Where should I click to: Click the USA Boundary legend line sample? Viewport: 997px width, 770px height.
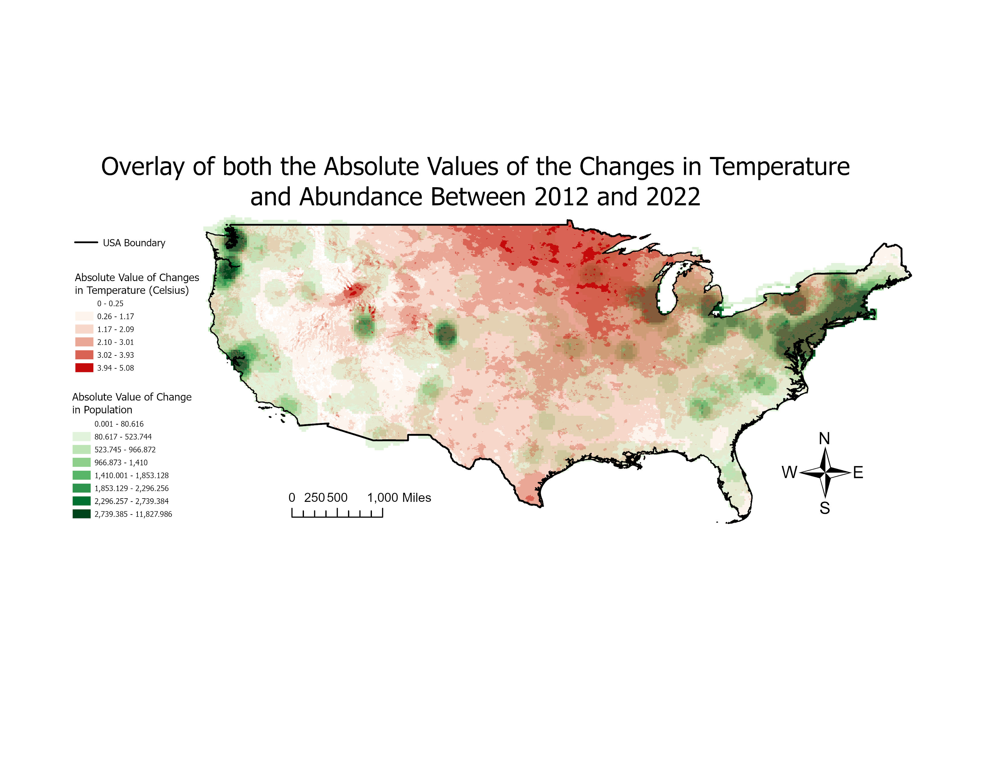point(86,242)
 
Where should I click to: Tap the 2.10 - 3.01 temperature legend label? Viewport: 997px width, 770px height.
point(115,342)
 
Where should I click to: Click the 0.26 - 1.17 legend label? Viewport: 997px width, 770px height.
point(115,316)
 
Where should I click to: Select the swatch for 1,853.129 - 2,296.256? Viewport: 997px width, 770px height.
point(81,488)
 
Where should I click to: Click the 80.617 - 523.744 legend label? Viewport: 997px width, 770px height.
point(123,437)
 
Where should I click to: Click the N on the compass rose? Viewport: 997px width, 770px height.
point(824,438)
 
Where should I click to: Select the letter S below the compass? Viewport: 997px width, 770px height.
point(824,508)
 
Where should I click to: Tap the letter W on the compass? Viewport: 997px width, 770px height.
point(789,473)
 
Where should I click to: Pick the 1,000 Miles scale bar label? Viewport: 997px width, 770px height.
point(399,498)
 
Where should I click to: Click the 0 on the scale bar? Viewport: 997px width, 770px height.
point(292,498)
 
